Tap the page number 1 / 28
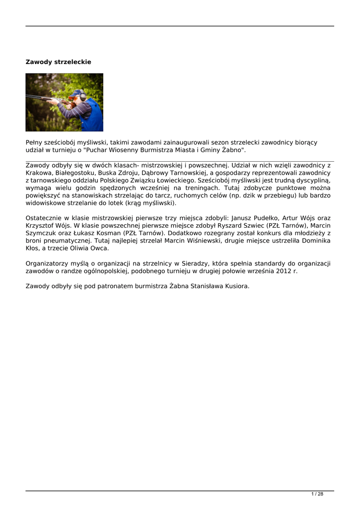pyautogui.click(x=317, y=494)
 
